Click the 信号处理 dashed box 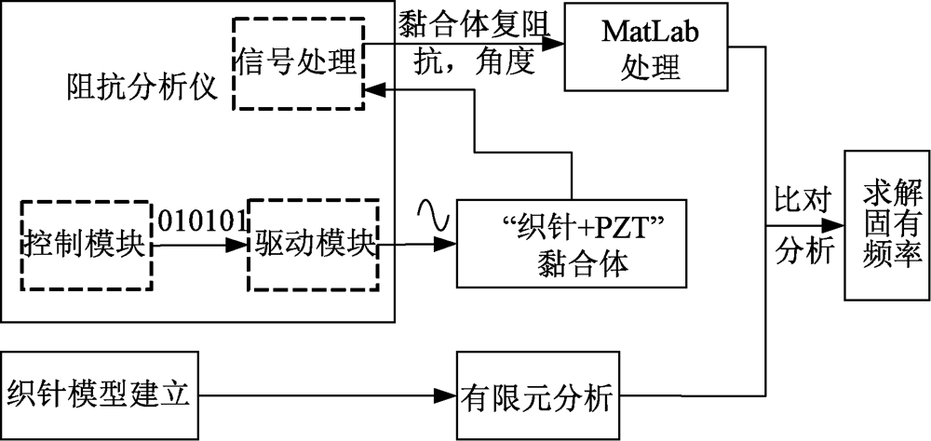(x=296, y=63)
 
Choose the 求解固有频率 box (x=884, y=224)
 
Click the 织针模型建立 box (x=100, y=397)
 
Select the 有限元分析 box (x=537, y=398)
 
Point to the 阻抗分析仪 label (x=142, y=89)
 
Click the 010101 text (x=200, y=221)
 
